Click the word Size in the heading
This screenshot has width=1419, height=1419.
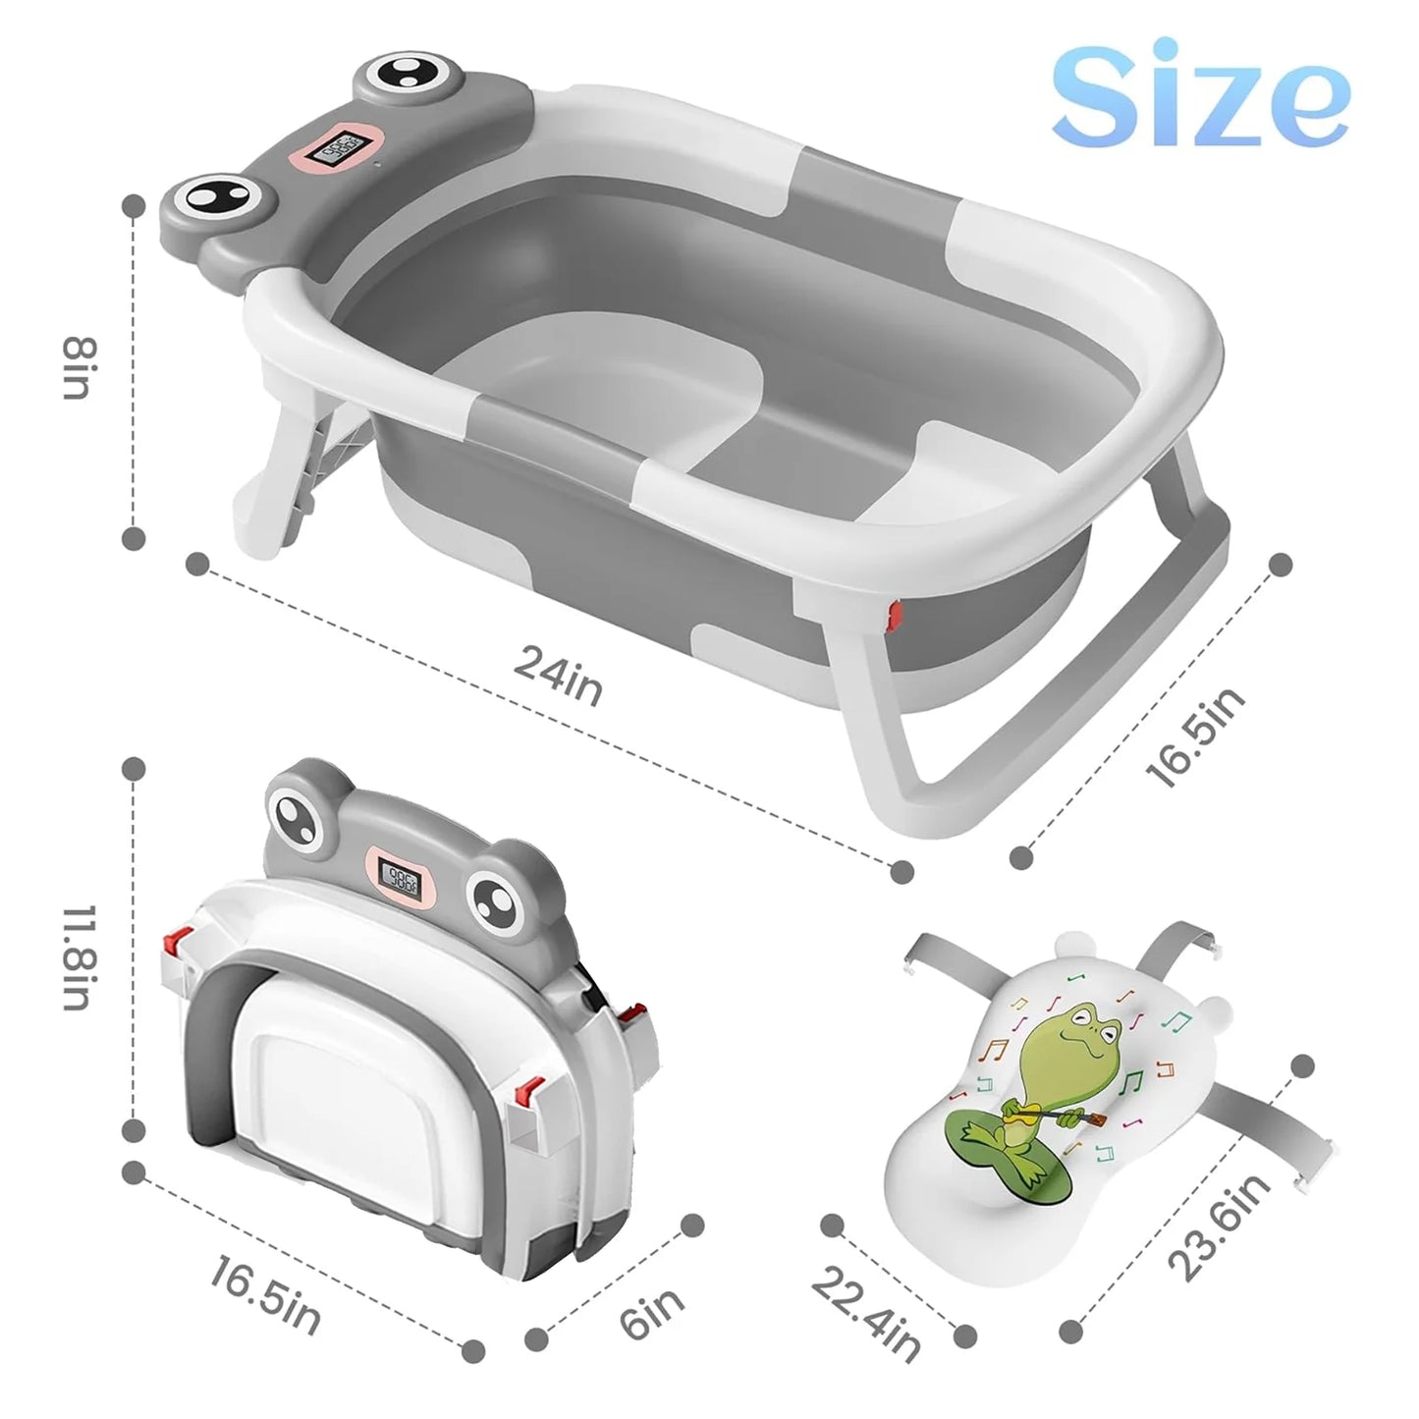tap(1200, 94)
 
